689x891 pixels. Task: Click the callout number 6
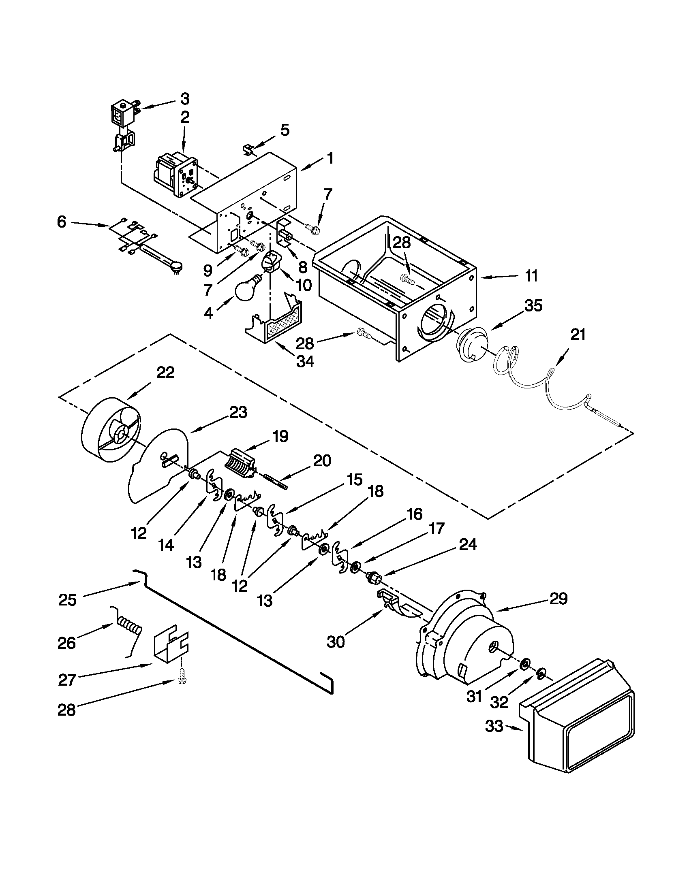(61, 222)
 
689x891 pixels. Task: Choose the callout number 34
(305, 361)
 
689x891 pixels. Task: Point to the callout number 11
(531, 276)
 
